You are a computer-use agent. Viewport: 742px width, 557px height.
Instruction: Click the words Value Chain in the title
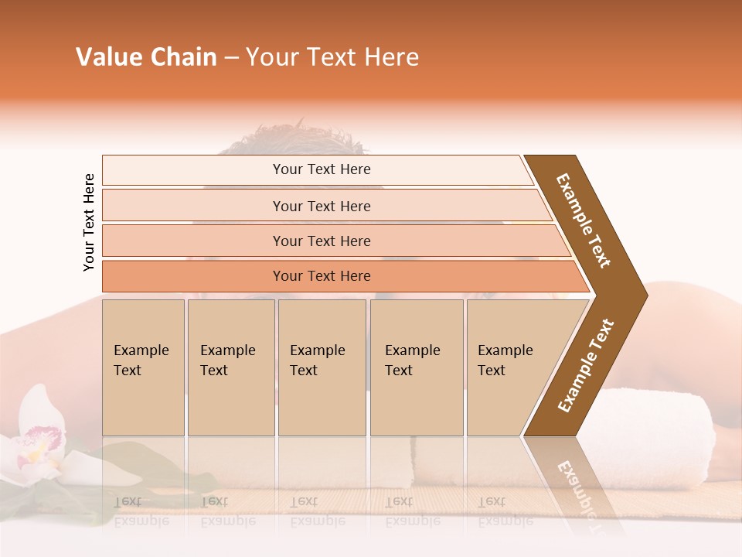(x=146, y=57)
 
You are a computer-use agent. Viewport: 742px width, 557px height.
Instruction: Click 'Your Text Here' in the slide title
(x=332, y=57)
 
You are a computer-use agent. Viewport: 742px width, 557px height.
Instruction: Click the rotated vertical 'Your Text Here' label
(x=89, y=222)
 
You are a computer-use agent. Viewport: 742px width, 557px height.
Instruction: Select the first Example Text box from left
(x=143, y=367)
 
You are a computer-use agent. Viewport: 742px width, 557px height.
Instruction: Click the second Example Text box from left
(x=230, y=367)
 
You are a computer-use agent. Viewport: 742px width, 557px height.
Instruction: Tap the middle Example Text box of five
(x=322, y=367)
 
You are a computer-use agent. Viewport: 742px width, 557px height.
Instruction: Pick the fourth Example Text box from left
(x=416, y=367)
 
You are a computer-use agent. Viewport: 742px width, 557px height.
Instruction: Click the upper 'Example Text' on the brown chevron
(x=584, y=220)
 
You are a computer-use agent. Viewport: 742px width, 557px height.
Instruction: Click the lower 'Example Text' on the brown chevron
(x=586, y=366)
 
